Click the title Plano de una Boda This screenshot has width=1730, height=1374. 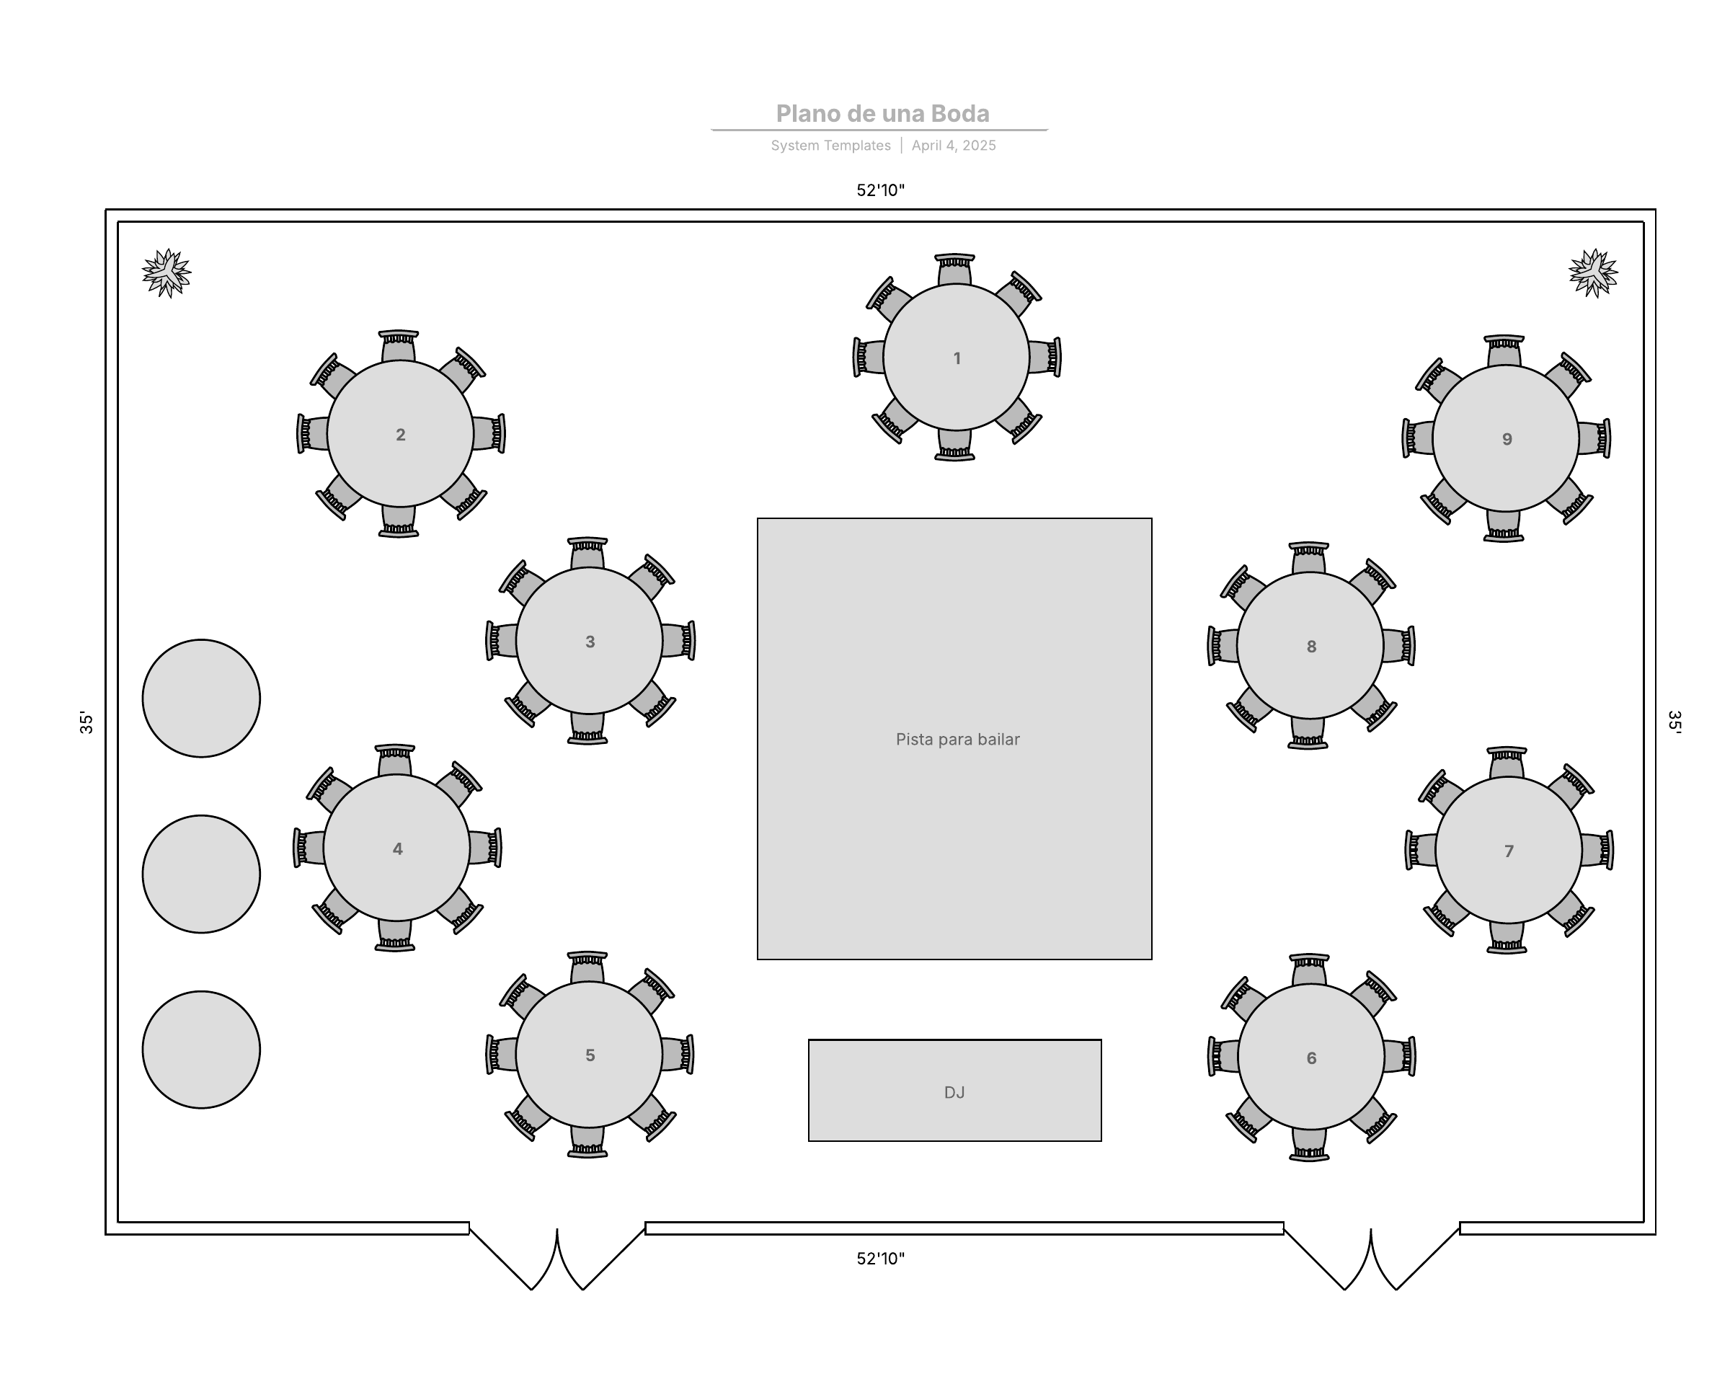(882, 114)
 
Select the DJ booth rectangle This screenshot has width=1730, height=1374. (954, 1090)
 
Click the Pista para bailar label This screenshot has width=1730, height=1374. (957, 739)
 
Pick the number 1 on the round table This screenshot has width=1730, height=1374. (957, 358)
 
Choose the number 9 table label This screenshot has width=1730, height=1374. (1507, 439)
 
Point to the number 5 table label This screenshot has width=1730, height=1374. (590, 1055)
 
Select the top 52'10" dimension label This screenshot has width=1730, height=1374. (880, 190)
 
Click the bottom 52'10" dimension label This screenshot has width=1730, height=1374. (880, 1259)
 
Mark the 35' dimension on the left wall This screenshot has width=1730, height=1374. (86, 722)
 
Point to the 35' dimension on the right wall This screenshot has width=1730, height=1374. (1674, 722)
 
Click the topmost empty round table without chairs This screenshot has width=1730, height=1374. (201, 699)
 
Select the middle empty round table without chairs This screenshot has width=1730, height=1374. (201, 874)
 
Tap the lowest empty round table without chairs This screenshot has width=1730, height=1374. (201, 1050)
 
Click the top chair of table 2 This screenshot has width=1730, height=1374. (399, 346)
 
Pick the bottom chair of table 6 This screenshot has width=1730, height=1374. (1310, 1143)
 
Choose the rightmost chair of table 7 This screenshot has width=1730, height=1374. (1597, 850)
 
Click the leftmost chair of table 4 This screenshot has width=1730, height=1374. (310, 848)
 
